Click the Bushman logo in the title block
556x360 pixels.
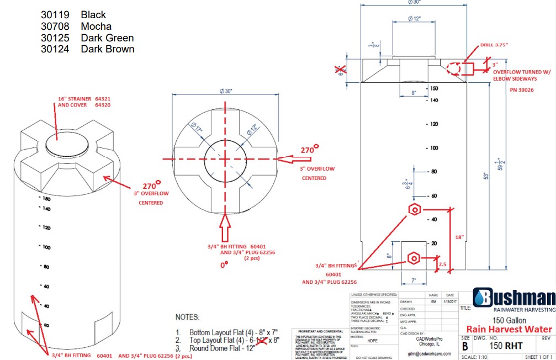pyautogui.click(x=514, y=299)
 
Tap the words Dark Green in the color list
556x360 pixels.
pyautogui.click(x=107, y=38)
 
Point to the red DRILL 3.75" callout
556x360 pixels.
pyautogui.click(x=494, y=45)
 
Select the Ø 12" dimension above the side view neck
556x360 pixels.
pyautogui.click(x=415, y=19)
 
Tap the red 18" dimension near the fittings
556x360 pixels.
pyautogui.click(x=459, y=237)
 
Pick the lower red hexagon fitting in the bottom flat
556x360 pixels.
pyautogui.click(x=414, y=258)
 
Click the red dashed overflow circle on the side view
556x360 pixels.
pyautogui.click(x=454, y=68)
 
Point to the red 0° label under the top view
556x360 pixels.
pyautogui.click(x=225, y=266)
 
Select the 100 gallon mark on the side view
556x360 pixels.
pyautogui.click(x=434, y=148)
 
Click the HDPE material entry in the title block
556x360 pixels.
pyautogui.click(x=373, y=341)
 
